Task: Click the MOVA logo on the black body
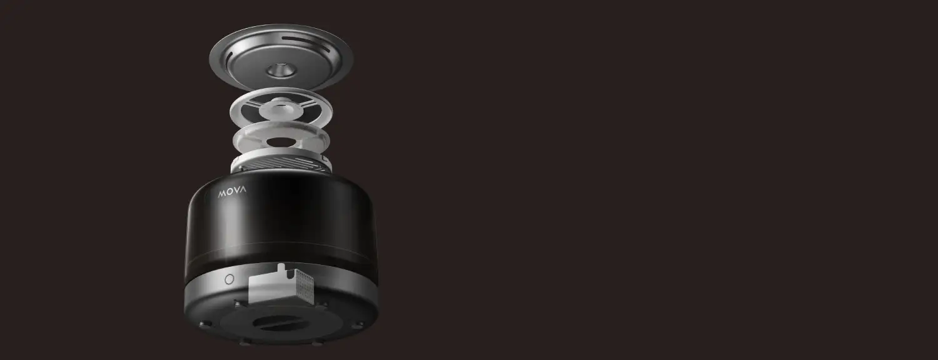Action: click(232, 192)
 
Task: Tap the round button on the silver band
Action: click(229, 279)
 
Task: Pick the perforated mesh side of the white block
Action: click(304, 285)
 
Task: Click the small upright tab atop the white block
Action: click(281, 269)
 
